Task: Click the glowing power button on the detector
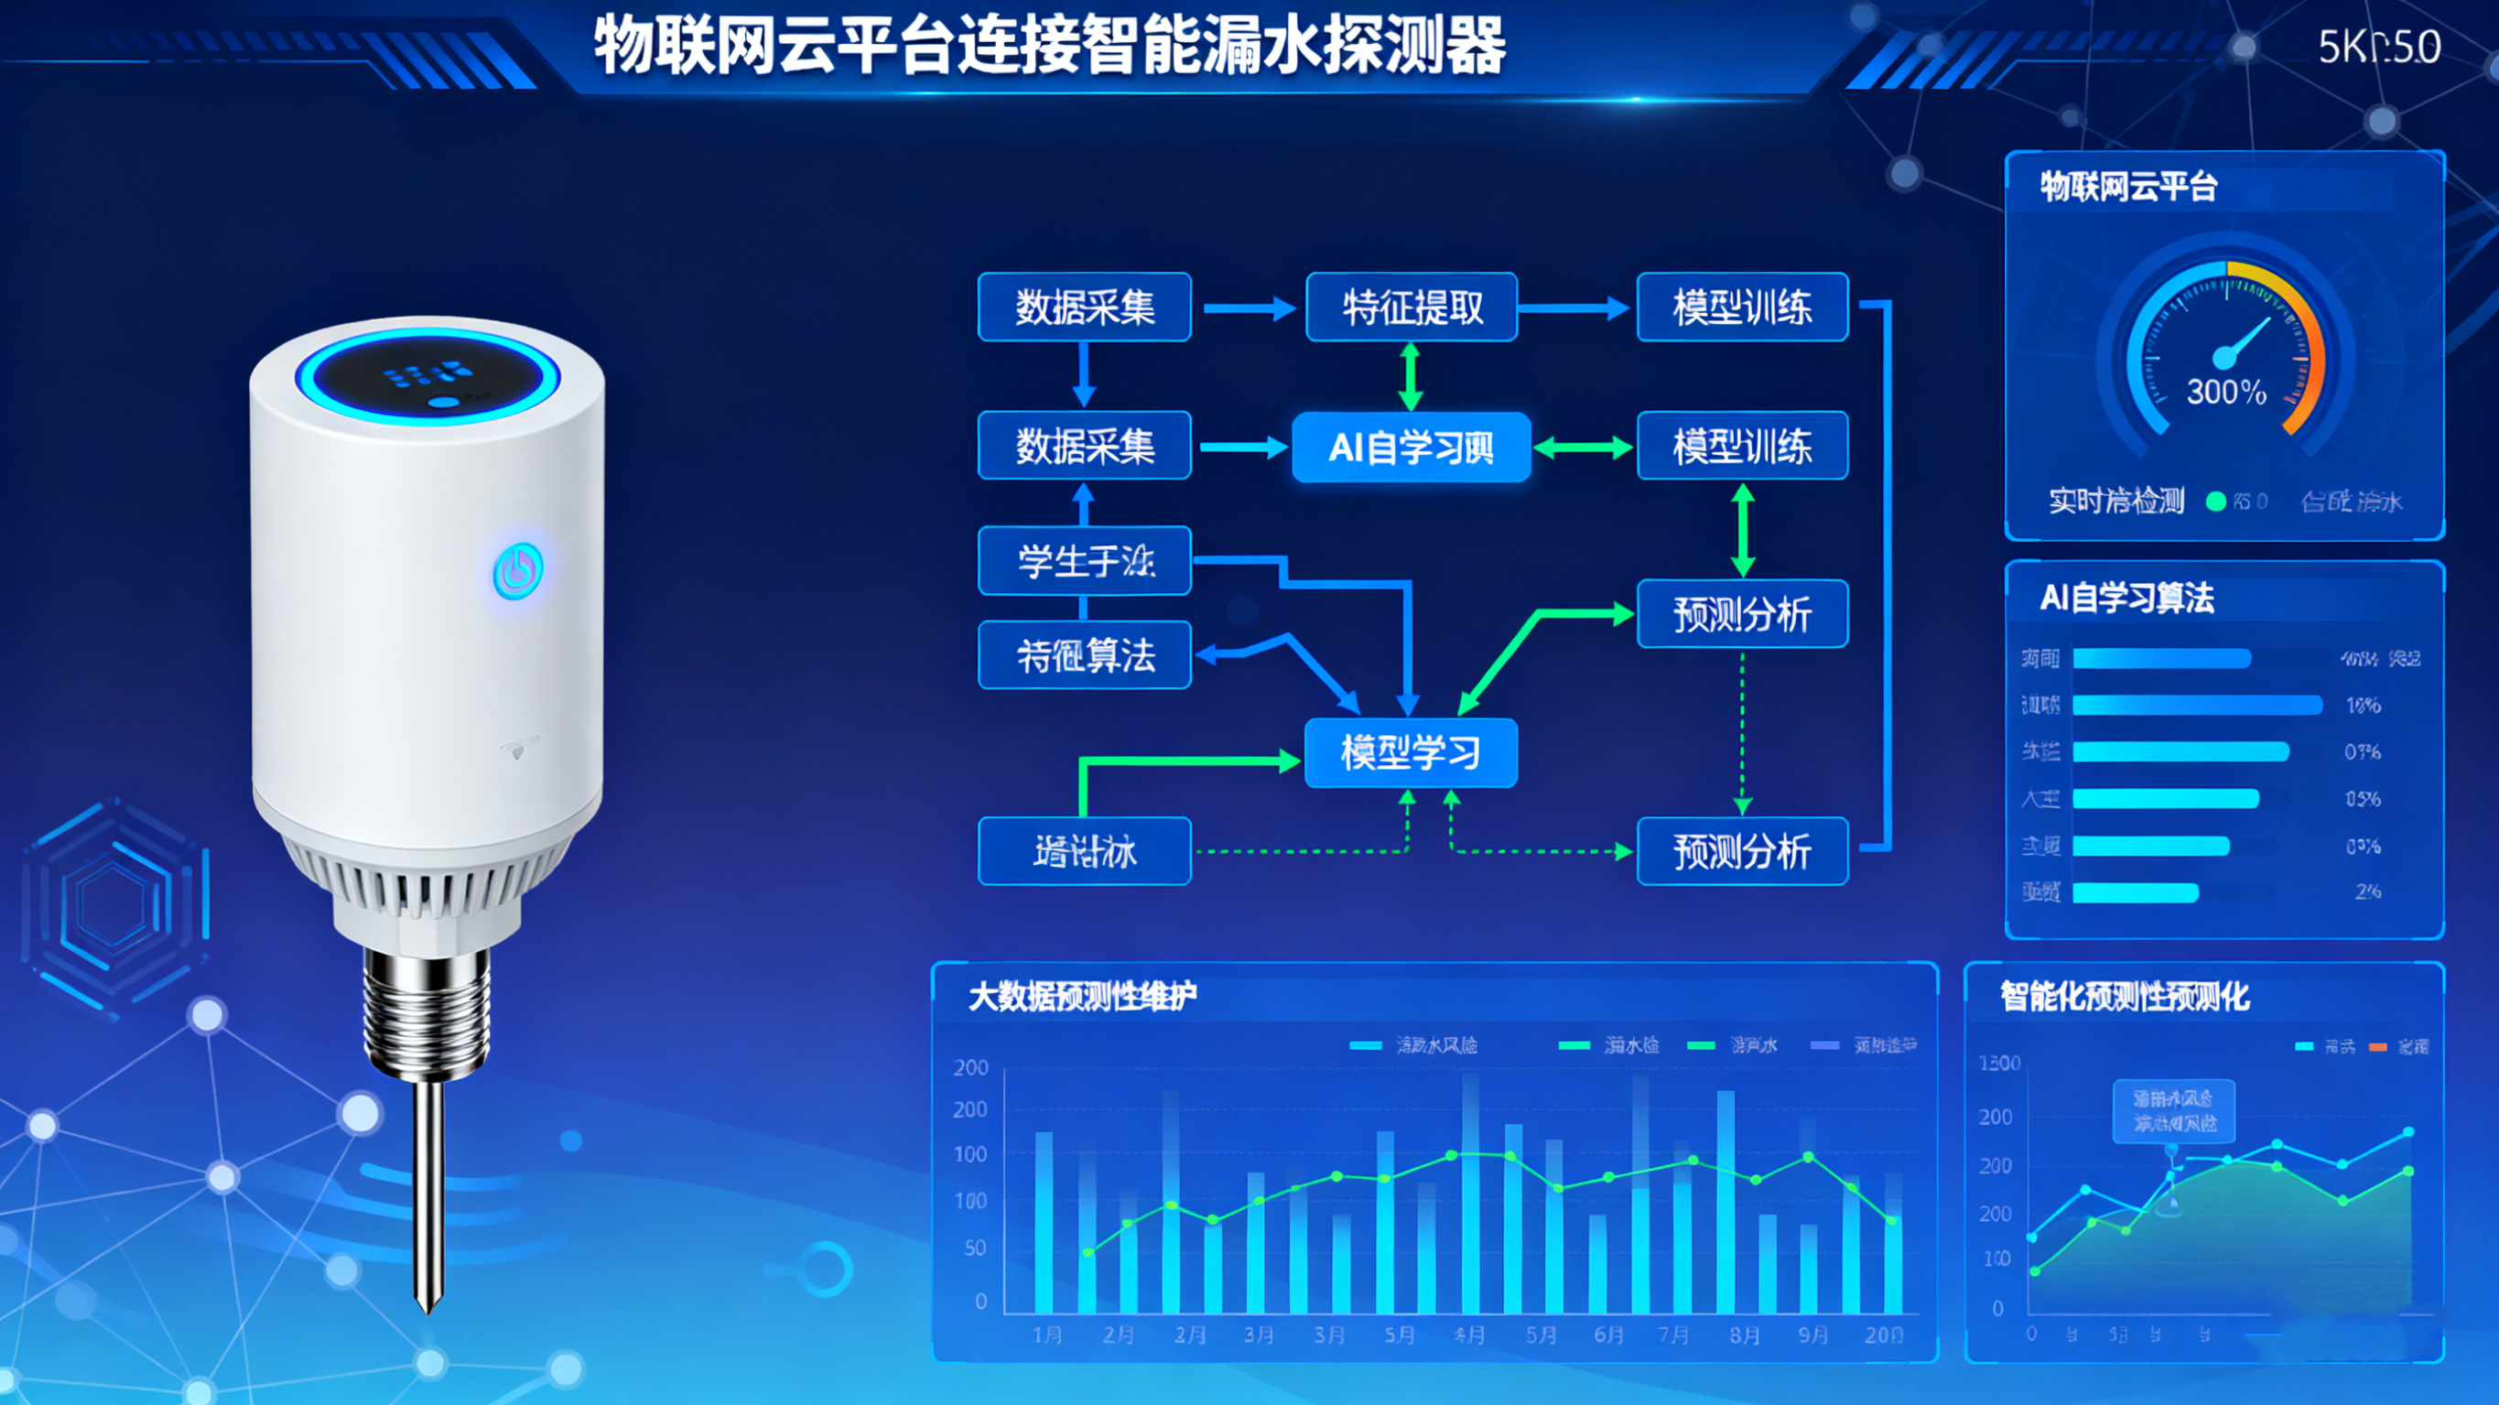tap(518, 571)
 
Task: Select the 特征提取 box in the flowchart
tap(1412, 308)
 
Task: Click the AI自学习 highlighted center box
tap(1412, 448)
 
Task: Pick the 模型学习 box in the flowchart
tap(1411, 753)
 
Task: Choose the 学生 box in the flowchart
tap(1085, 561)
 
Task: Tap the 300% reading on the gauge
tap(2225, 392)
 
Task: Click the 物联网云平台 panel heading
tap(2128, 187)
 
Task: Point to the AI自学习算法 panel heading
tap(2126, 598)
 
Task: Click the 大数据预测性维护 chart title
tap(1082, 997)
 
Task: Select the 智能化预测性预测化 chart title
tap(2125, 997)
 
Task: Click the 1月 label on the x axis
tap(1047, 1335)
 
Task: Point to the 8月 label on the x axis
tap(1744, 1335)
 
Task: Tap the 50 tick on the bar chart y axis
tap(975, 1248)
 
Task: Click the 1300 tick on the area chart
tap(1999, 1064)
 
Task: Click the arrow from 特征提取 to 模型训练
tap(1574, 308)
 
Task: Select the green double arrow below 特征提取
tap(1411, 377)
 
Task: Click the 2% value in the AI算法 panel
tap(2367, 892)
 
